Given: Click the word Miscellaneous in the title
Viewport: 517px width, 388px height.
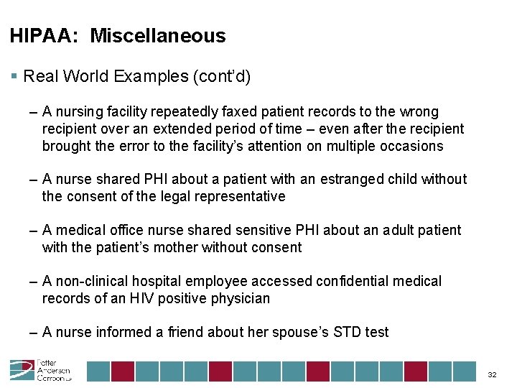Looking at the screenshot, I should [x=157, y=36].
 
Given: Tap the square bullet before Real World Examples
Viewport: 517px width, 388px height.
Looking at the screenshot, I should [x=14, y=76].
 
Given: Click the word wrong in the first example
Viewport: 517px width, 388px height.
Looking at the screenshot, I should [x=419, y=112].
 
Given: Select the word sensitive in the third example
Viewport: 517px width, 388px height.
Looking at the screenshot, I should [x=259, y=230].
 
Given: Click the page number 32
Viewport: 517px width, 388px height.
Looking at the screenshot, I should [x=493, y=375].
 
